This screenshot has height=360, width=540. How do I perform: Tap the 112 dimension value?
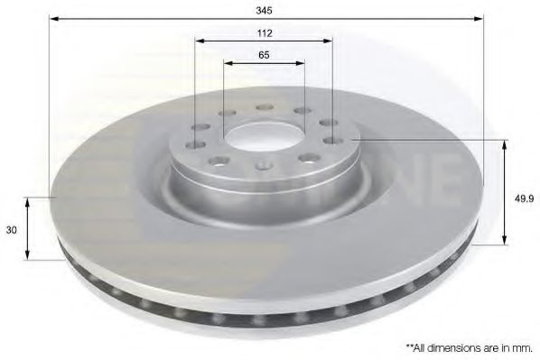coord(264,32)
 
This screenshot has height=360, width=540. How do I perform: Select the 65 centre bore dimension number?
coord(264,55)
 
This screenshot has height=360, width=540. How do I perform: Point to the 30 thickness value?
coord(11,231)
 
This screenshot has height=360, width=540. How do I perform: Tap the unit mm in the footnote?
coord(521,344)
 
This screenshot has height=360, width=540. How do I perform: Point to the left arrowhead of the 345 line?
coord(52,18)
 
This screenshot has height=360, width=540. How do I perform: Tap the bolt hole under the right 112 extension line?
coord(332,139)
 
